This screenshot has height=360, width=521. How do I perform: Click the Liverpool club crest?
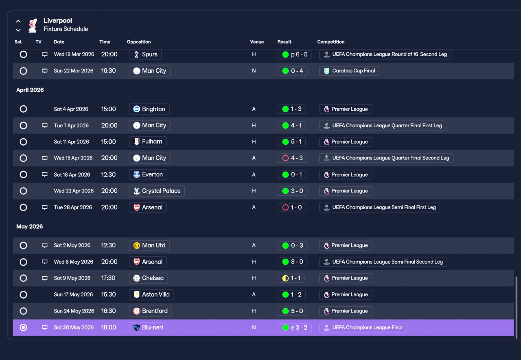tap(33, 25)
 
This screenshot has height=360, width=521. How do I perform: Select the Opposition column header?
tap(139, 42)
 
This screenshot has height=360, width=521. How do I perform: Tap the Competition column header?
tap(331, 42)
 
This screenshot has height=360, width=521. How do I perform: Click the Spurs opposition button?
tap(145, 55)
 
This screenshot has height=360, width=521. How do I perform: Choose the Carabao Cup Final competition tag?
tap(349, 71)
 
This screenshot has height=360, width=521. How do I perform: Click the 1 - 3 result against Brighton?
tap(292, 109)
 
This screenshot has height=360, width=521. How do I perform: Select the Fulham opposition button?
tap(148, 142)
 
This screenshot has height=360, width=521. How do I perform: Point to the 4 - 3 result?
tap(292, 158)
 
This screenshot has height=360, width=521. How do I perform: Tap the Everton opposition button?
tap(148, 175)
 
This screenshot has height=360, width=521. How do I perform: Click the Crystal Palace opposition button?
tap(157, 191)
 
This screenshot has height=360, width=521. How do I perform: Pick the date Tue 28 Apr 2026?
tap(73, 207)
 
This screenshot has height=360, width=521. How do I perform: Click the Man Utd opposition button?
tap(149, 245)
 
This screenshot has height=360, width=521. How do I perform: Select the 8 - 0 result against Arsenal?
tap(292, 262)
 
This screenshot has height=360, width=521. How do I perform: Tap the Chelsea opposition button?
tap(149, 278)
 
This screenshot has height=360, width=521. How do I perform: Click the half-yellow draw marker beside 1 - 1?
tap(285, 278)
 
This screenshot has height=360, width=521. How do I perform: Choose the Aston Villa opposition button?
tap(151, 295)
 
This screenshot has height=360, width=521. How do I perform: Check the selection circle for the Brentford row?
tap(23, 311)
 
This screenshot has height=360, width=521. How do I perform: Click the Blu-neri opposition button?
tap(148, 327)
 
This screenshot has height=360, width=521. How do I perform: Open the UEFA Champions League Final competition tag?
tap(363, 327)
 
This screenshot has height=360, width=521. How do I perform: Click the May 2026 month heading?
tap(30, 226)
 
